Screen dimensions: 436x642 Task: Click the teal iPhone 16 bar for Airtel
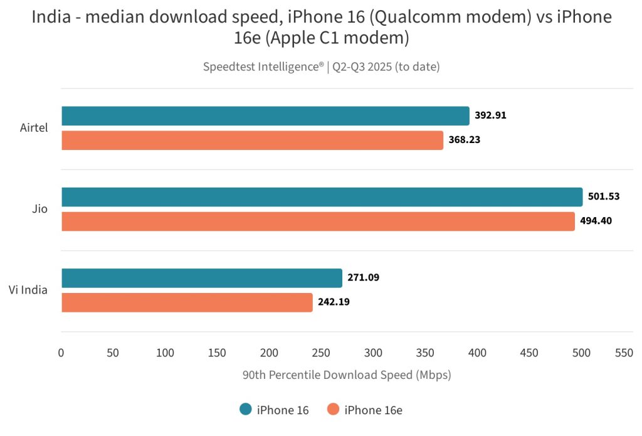(265, 116)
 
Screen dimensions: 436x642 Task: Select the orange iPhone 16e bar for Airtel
(252, 140)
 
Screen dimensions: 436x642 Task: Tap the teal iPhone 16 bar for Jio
(322, 197)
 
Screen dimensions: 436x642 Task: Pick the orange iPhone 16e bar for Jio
(318, 221)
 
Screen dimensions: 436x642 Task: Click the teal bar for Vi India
(202, 278)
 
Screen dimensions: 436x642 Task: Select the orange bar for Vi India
(187, 302)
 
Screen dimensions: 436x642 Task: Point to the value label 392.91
(490, 115)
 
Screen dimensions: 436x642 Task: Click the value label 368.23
(465, 140)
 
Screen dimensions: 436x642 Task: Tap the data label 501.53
(604, 196)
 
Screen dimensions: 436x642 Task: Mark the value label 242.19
(334, 302)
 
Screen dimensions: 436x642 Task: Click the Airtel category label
(34, 128)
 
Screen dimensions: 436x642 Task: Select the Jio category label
(39, 209)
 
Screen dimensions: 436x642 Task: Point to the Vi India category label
(28, 290)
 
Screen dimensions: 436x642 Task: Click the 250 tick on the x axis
(321, 353)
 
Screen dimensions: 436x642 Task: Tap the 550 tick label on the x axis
(623, 353)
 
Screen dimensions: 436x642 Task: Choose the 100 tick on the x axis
(165, 353)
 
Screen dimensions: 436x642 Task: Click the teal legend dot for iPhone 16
(246, 410)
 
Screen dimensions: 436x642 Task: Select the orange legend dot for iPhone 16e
(333, 410)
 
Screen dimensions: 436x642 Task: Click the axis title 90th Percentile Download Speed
(346, 375)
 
